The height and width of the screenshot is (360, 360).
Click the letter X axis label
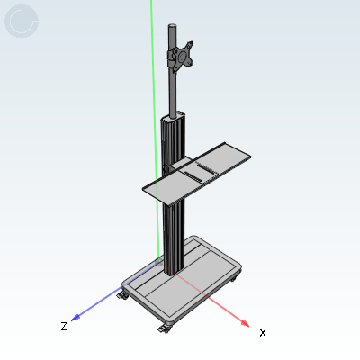263,332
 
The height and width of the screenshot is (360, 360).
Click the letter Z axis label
64,326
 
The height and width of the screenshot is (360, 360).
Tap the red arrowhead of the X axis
246,323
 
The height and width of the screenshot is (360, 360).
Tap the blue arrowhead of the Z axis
75,318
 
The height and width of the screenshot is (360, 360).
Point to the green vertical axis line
155,129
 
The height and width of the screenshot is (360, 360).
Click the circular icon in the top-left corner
22,21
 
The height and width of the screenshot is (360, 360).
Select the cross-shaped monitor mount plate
180,57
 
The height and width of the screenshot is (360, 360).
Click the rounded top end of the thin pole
172,26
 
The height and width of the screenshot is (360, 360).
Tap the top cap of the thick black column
174,117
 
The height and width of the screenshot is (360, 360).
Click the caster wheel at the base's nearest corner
165,328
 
